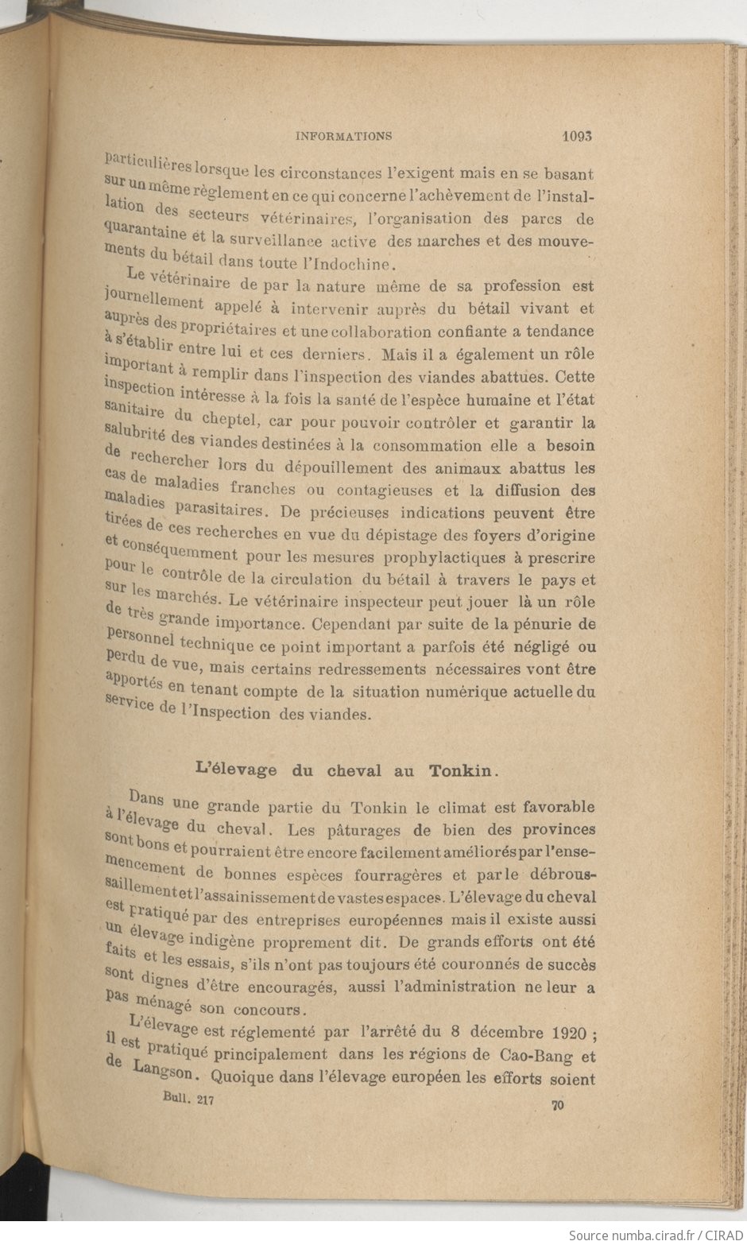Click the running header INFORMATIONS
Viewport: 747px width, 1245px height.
tap(343, 136)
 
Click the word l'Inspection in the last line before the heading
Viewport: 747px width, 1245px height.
tap(226, 712)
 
